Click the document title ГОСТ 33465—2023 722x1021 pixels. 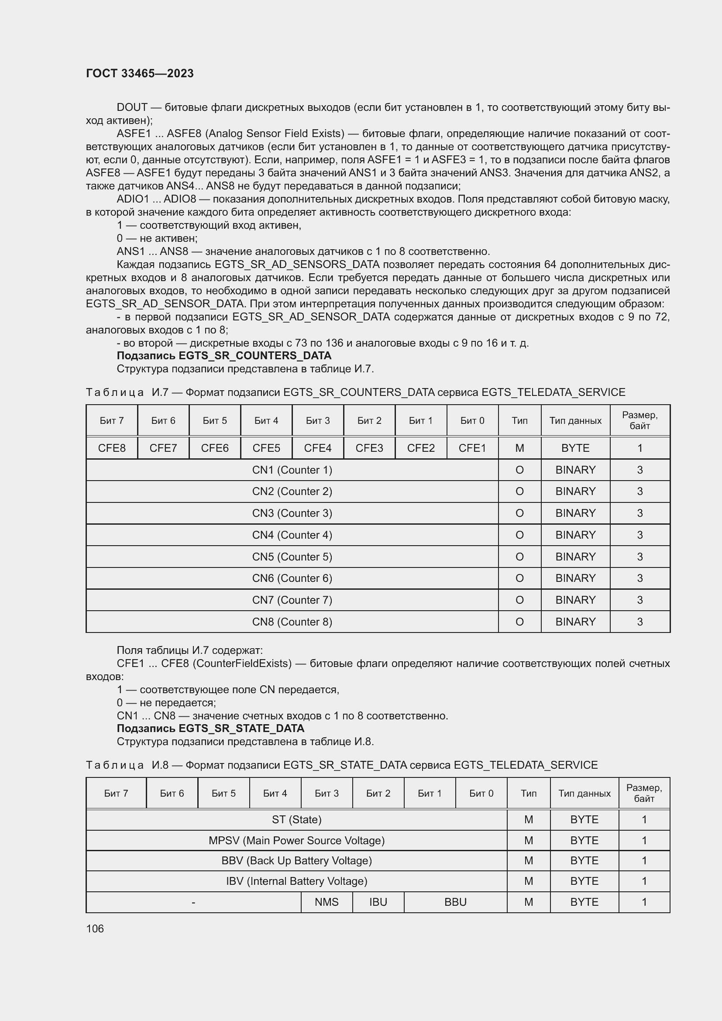[140, 73]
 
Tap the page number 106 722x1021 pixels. [95, 928]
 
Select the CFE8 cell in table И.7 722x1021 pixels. [112, 448]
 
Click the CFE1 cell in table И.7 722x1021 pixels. [472, 448]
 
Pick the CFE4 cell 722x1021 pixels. [317, 448]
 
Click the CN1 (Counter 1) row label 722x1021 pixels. [292, 470]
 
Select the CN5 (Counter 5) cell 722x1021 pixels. [292, 556]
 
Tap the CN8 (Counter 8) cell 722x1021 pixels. [292, 622]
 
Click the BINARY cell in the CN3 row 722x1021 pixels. [575, 513]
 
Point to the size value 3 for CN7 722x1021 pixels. [640, 600]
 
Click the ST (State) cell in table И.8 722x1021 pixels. [296, 819]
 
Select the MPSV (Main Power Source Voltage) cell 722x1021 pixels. [296, 840]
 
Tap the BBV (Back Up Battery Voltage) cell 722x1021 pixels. [296, 860]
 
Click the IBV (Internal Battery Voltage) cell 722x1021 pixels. [296, 881]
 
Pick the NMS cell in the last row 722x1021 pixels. [327, 902]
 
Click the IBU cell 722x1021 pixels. [378, 902]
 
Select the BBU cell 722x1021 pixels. [455, 902]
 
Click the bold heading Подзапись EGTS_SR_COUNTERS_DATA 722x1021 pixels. [223, 356]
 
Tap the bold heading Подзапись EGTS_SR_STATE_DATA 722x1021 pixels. [210, 729]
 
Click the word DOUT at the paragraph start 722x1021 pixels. [132, 107]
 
